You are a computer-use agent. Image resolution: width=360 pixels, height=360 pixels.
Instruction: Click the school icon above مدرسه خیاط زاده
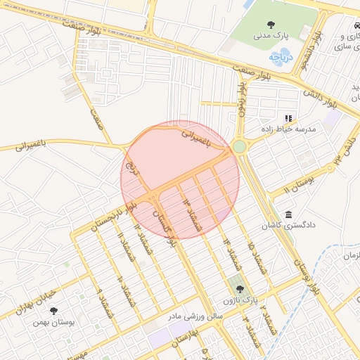tap(288, 118)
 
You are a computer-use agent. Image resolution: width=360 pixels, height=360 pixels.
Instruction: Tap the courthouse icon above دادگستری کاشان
tap(288, 214)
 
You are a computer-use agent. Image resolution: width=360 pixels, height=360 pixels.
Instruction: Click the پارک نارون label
tap(259, 300)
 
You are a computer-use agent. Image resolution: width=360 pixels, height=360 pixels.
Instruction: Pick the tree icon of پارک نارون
tap(240, 289)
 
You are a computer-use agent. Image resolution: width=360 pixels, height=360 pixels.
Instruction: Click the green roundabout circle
tap(239, 146)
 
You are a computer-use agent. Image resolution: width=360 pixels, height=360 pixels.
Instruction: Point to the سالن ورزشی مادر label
tap(194, 317)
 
